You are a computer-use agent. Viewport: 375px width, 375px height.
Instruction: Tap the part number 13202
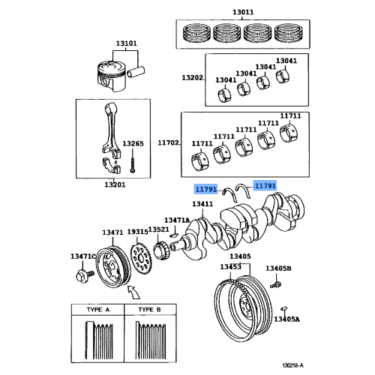coord(191,78)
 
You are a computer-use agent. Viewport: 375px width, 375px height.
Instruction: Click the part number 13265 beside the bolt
coord(133,142)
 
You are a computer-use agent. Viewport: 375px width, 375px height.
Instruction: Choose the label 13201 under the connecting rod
coord(115,184)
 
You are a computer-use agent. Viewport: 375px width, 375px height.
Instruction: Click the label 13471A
coord(178,220)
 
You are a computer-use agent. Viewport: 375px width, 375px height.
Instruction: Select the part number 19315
coord(138,233)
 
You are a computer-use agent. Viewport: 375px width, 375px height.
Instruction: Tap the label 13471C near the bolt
coord(83,257)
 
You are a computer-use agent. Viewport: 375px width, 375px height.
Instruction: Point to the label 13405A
coord(286,319)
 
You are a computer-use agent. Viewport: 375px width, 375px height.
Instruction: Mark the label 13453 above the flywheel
coord(230,267)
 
